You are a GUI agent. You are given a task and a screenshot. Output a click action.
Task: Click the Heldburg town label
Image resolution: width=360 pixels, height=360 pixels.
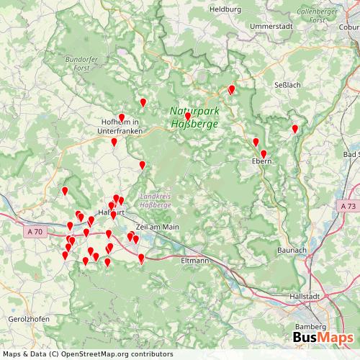(225, 9)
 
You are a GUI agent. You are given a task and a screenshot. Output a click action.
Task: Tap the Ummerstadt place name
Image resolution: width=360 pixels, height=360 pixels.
(269, 26)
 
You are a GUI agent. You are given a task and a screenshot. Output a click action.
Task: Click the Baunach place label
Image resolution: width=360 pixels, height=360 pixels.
(291, 250)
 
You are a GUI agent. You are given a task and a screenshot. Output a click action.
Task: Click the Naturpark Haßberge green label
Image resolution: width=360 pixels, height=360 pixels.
(191, 118)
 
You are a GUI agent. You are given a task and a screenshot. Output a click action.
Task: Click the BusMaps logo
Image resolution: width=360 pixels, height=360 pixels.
(322, 338)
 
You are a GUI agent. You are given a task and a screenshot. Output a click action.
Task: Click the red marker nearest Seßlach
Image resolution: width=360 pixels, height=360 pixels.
(295, 130)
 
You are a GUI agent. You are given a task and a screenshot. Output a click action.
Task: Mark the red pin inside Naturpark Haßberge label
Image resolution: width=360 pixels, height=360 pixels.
(188, 116)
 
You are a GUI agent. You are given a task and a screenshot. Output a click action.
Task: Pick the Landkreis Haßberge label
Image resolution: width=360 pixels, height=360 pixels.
(157, 201)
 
